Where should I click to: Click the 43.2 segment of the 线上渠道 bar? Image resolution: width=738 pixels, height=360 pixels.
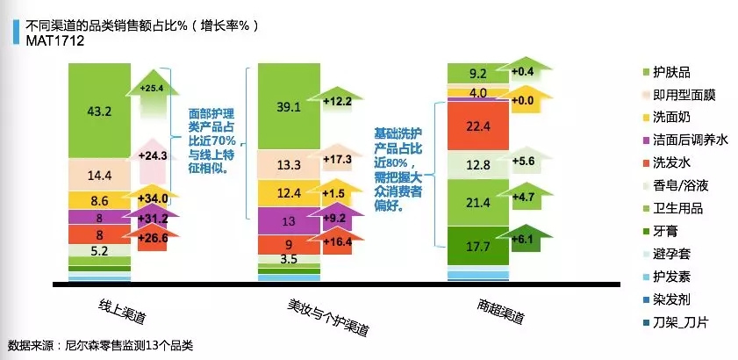click(x=99, y=111)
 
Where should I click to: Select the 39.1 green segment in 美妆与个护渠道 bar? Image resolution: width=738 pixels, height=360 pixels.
click(x=289, y=106)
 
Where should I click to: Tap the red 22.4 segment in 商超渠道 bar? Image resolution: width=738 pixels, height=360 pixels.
click(x=478, y=126)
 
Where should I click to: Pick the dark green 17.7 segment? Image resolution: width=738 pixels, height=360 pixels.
click(x=478, y=246)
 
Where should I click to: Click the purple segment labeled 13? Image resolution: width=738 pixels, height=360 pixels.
click(x=289, y=221)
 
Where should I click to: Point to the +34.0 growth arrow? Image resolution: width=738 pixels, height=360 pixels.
click(x=153, y=197)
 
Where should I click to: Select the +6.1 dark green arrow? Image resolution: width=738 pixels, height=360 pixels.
click(x=526, y=240)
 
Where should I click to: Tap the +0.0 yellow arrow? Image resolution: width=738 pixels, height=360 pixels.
click(x=526, y=100)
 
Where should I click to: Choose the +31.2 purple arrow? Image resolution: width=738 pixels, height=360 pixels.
click(x=153, y=218)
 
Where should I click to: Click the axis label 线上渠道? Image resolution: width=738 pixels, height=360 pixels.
click(x=122, y=312)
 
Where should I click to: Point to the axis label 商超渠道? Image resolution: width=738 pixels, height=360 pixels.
click(x=500, y=312)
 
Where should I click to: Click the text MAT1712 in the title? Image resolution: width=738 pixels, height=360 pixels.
click(x=55, y=41)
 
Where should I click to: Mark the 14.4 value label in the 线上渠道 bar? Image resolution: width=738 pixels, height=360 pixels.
click(x=99, y=176)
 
